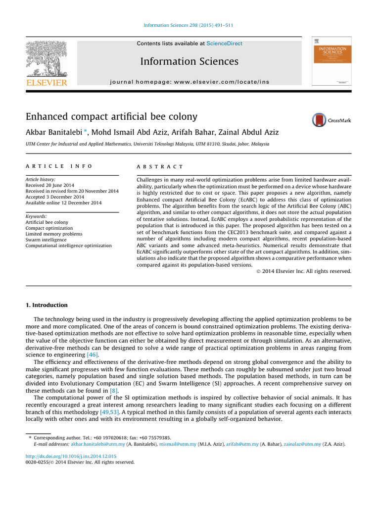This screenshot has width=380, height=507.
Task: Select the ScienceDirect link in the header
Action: [224, 44]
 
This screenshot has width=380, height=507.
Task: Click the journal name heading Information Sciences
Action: [189, 61]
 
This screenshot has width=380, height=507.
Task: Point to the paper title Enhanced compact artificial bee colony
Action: [111, 117]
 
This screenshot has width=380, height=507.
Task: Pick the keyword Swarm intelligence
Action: [46, 240]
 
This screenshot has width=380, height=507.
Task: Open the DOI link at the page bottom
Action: [71, 456]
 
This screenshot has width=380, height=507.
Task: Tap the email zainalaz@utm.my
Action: [302, 445]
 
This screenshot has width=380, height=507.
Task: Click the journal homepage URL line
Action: [189, 81]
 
